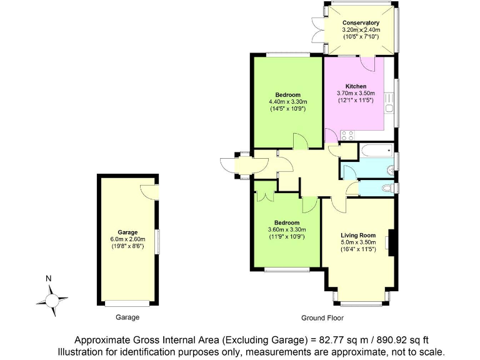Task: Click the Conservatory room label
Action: point(361,23)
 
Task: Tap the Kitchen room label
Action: point(356,86)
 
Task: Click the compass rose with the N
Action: point(52,299)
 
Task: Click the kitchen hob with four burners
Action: point(347,134)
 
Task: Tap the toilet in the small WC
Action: point(388,188)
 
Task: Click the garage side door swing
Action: point(147,191)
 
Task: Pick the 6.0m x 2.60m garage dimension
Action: point(127,239)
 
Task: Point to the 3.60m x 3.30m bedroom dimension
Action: point(287,229)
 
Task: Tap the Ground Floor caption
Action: point(322,317)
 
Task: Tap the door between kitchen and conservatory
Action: point(368,62)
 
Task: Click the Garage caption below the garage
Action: point(127,317)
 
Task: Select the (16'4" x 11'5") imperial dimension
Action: point(357,249)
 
